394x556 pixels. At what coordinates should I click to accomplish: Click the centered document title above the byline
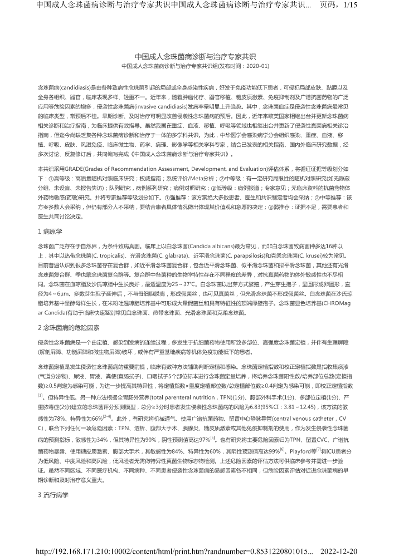[196, 57]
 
